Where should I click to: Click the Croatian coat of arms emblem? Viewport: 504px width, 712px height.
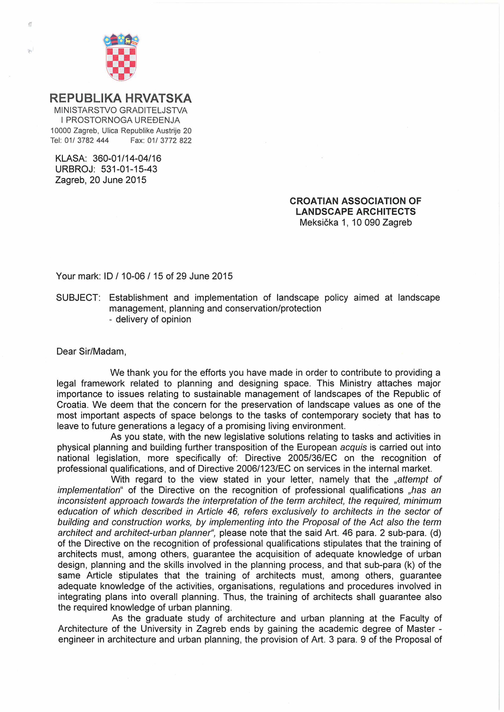tap(121, 57)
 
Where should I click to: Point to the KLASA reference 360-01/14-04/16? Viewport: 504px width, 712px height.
tap(127, 158)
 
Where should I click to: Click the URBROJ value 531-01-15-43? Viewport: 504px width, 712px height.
tap(129, 169)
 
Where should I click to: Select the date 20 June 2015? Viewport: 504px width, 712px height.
tap(118, 180)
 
